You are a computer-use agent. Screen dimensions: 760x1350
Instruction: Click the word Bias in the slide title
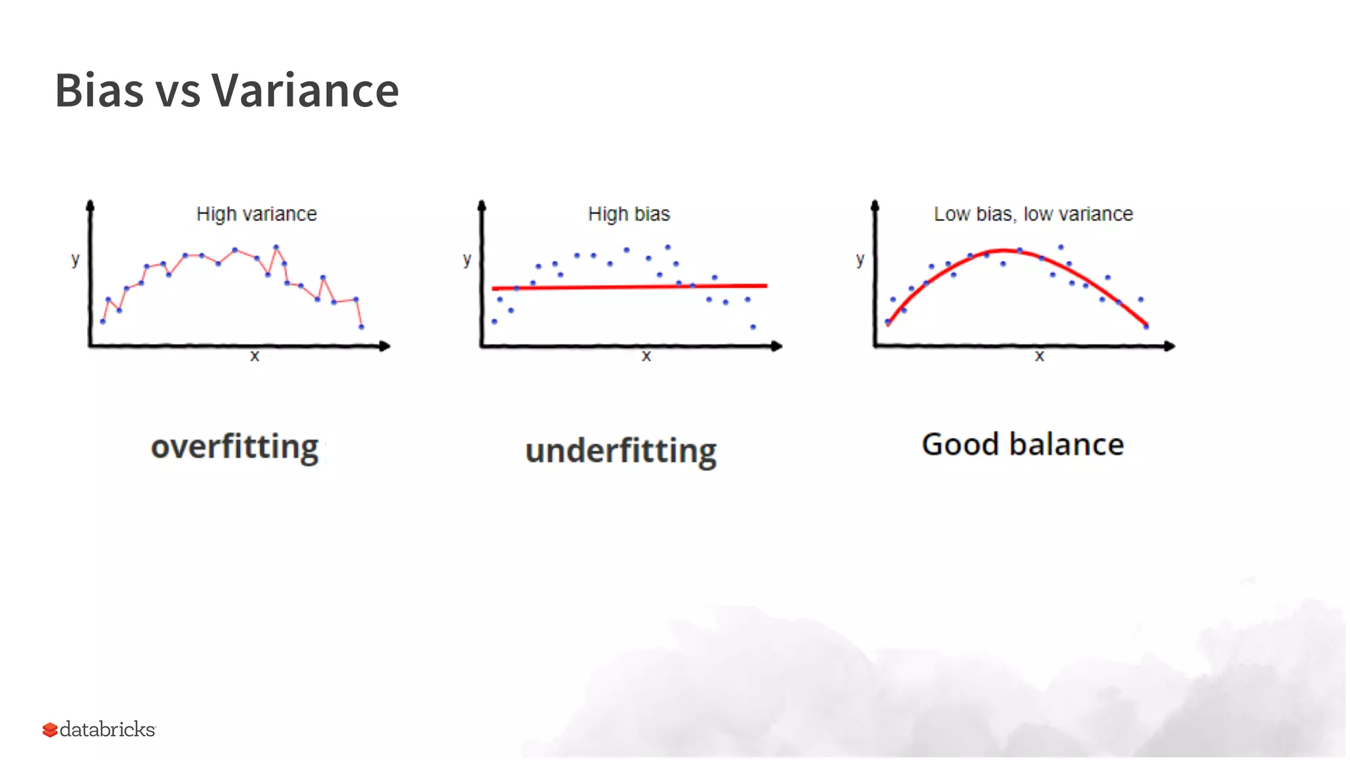99,90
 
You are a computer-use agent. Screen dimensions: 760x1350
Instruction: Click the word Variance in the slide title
305,90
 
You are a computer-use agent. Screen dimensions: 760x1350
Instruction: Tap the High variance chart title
256,214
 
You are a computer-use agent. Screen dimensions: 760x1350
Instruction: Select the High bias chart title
629,214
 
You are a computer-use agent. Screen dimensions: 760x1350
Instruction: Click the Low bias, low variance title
1033,214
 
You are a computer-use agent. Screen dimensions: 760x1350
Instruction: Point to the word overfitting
235,447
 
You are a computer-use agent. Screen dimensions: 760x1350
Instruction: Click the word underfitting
621,451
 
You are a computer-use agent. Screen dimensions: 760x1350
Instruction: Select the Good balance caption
1022,445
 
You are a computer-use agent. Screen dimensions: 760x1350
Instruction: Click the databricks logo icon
50,730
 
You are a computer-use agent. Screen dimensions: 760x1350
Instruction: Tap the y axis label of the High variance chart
75,259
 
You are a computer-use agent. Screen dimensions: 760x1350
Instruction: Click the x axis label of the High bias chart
646,356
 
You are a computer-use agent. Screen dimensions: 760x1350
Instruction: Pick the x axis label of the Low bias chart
1039,356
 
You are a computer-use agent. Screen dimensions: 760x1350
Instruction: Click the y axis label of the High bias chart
467,259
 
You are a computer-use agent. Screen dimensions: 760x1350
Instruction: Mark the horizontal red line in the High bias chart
630,287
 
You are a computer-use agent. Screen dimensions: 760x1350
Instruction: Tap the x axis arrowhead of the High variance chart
386,346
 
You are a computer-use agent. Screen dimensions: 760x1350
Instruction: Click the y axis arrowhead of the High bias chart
482,206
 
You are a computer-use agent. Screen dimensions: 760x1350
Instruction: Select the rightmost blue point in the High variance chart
361,327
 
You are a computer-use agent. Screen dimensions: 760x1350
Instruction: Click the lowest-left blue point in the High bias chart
494,321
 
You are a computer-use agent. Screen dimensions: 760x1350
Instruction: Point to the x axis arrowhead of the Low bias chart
1170,346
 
